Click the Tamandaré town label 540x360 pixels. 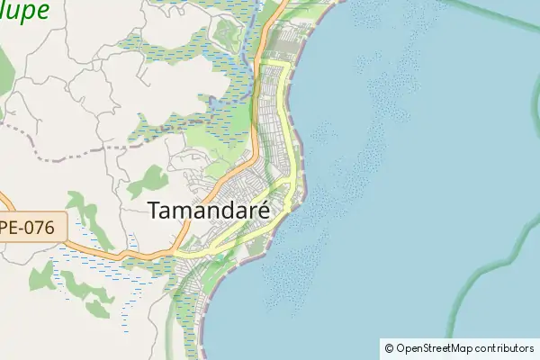[212, 211]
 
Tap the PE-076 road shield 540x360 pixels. [33, 228]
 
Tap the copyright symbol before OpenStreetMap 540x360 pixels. [389, 347]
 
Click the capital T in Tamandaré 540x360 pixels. [154, 211]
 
